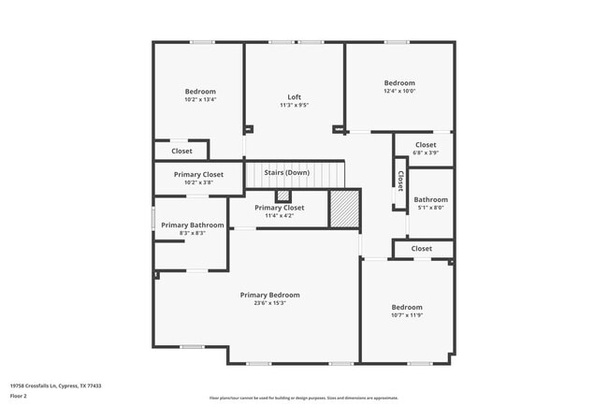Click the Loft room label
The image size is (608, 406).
click(x=294, y=97)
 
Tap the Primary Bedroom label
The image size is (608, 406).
click(x=269, y=295)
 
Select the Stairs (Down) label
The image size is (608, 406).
click(x=286, y=172)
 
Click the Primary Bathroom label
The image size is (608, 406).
click(x=193, y=225)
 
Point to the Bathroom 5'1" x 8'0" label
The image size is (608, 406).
click(x=431, y=199)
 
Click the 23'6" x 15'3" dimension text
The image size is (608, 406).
click(x=269, y=303)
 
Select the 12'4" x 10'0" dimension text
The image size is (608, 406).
click(x=399, y=91)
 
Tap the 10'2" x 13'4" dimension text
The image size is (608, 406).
click(x=200, y=99)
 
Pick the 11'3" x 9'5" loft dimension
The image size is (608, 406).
click(x=294, y=105)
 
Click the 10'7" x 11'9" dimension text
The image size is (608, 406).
click(x=407, y=315)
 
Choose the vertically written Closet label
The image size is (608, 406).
click(x=400, y=180)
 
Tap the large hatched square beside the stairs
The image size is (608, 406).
click(x=343, y=207)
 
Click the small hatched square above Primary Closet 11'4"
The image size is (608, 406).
click(x=283, y=196)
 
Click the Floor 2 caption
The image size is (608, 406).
click(x=19, y=396)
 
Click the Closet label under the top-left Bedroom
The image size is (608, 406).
click(x=181, y=151)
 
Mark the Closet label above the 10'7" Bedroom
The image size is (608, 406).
click(x=422, y=249)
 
